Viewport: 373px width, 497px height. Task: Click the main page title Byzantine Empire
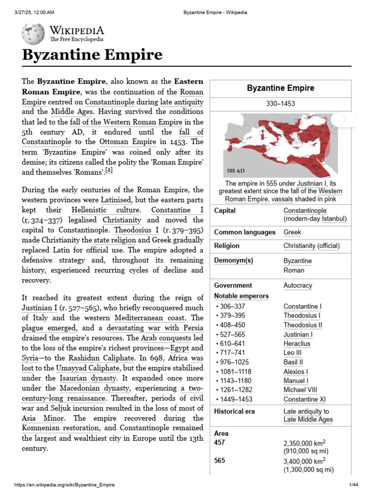click(92, 55)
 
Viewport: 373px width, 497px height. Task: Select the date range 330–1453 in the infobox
click(280, 104)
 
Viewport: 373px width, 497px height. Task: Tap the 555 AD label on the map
click(236, 171)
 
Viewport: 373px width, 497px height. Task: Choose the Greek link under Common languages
click(292, 232)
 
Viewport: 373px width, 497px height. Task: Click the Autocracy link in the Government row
click(298, 285)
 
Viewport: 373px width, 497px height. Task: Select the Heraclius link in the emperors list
click(297, 344)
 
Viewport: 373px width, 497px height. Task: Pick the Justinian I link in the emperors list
click(298, 334)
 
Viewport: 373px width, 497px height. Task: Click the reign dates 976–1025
click(233, 362)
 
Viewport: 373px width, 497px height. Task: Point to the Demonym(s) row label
click(234, 261)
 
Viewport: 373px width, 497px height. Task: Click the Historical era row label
click(234, 412)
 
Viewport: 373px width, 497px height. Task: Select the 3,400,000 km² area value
click(305, 461)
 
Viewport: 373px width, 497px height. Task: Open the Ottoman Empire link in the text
click(128, 142)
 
